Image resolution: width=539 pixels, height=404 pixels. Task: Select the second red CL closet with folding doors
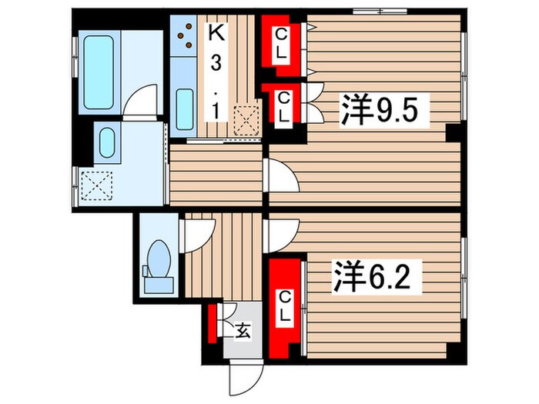[283, 105]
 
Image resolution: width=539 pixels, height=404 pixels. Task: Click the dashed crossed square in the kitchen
[246, 119]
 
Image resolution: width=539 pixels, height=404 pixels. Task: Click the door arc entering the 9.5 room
[281, 179]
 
